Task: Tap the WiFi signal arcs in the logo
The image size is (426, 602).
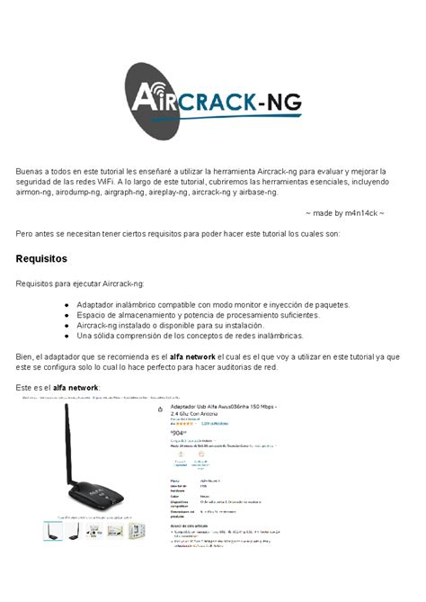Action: (x=153, y=93)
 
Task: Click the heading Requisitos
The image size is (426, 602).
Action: (x=41, y=258)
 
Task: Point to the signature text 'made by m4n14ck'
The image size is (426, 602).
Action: (x=344, y=213)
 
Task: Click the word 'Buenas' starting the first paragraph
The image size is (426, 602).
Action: (x=31, y=170)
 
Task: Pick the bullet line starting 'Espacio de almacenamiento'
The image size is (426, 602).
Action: (x=198, y=315)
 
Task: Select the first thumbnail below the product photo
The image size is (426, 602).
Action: (x=53, y=531)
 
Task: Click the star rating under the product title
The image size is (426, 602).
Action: (x=182, y=422)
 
